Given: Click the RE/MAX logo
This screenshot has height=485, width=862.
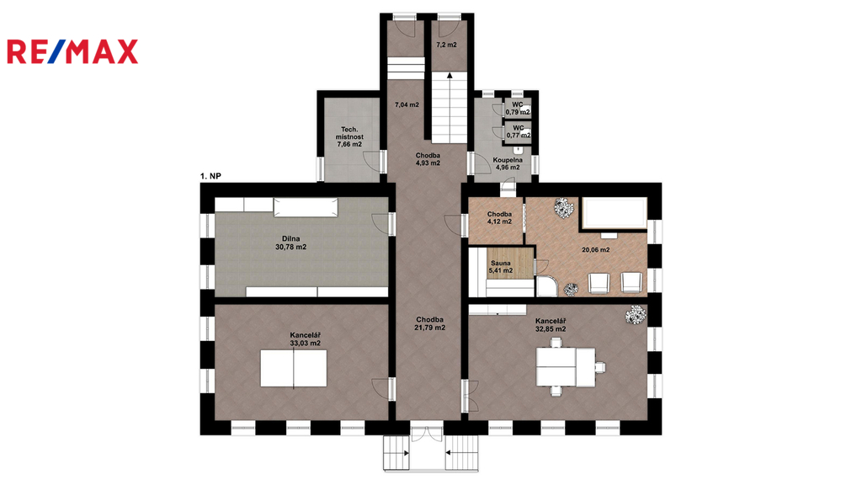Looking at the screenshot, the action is pos(72,51).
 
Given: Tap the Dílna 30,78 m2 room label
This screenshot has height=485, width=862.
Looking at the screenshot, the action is pos(290,243).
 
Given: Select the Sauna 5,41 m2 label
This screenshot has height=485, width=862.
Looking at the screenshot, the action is pos(501,267).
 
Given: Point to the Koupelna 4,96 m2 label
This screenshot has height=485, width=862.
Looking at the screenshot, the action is pos(508,164).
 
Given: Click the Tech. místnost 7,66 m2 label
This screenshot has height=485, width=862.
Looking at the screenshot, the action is pos(349,137).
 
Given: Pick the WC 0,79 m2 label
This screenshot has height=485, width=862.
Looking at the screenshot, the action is pos(518,109).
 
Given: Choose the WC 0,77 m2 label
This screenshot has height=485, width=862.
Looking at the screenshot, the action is pos(519,131).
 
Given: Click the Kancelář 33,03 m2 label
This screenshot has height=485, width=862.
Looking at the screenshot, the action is pos(305,338).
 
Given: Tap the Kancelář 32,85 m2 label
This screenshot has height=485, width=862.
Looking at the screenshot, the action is pos(551,325).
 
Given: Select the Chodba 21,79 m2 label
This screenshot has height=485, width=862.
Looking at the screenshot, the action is pos(430,323).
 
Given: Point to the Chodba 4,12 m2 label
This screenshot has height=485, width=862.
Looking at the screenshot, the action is pos(499,218).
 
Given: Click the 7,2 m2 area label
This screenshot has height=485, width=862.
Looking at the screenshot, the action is pos(446,45).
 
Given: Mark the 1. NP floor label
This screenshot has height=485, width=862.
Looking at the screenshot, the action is pos(210,176).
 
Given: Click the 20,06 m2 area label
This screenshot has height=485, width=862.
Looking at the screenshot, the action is pos(595,249).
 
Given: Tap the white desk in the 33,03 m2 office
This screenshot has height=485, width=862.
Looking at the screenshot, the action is pos(294,368).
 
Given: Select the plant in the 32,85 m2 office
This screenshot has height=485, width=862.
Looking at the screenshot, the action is pos(636,315).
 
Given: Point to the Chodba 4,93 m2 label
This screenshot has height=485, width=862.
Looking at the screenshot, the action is pos(428,159).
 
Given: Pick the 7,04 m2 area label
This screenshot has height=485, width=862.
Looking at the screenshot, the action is pos(407,104).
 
